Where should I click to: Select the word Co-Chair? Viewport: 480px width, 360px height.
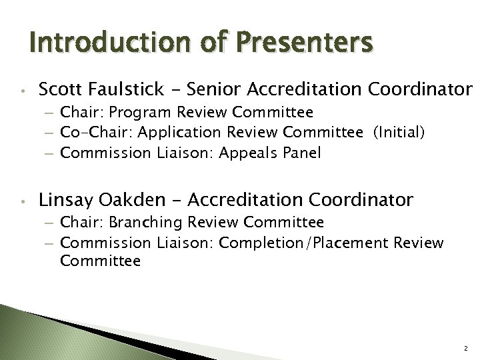coord(90,133)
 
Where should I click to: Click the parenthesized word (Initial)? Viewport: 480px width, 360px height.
coord(399,133)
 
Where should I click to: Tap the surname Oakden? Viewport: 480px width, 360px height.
coord(131,199)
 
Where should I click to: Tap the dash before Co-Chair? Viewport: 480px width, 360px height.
coord(51,134)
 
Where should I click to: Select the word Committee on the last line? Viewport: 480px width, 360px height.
coord(100,261)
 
